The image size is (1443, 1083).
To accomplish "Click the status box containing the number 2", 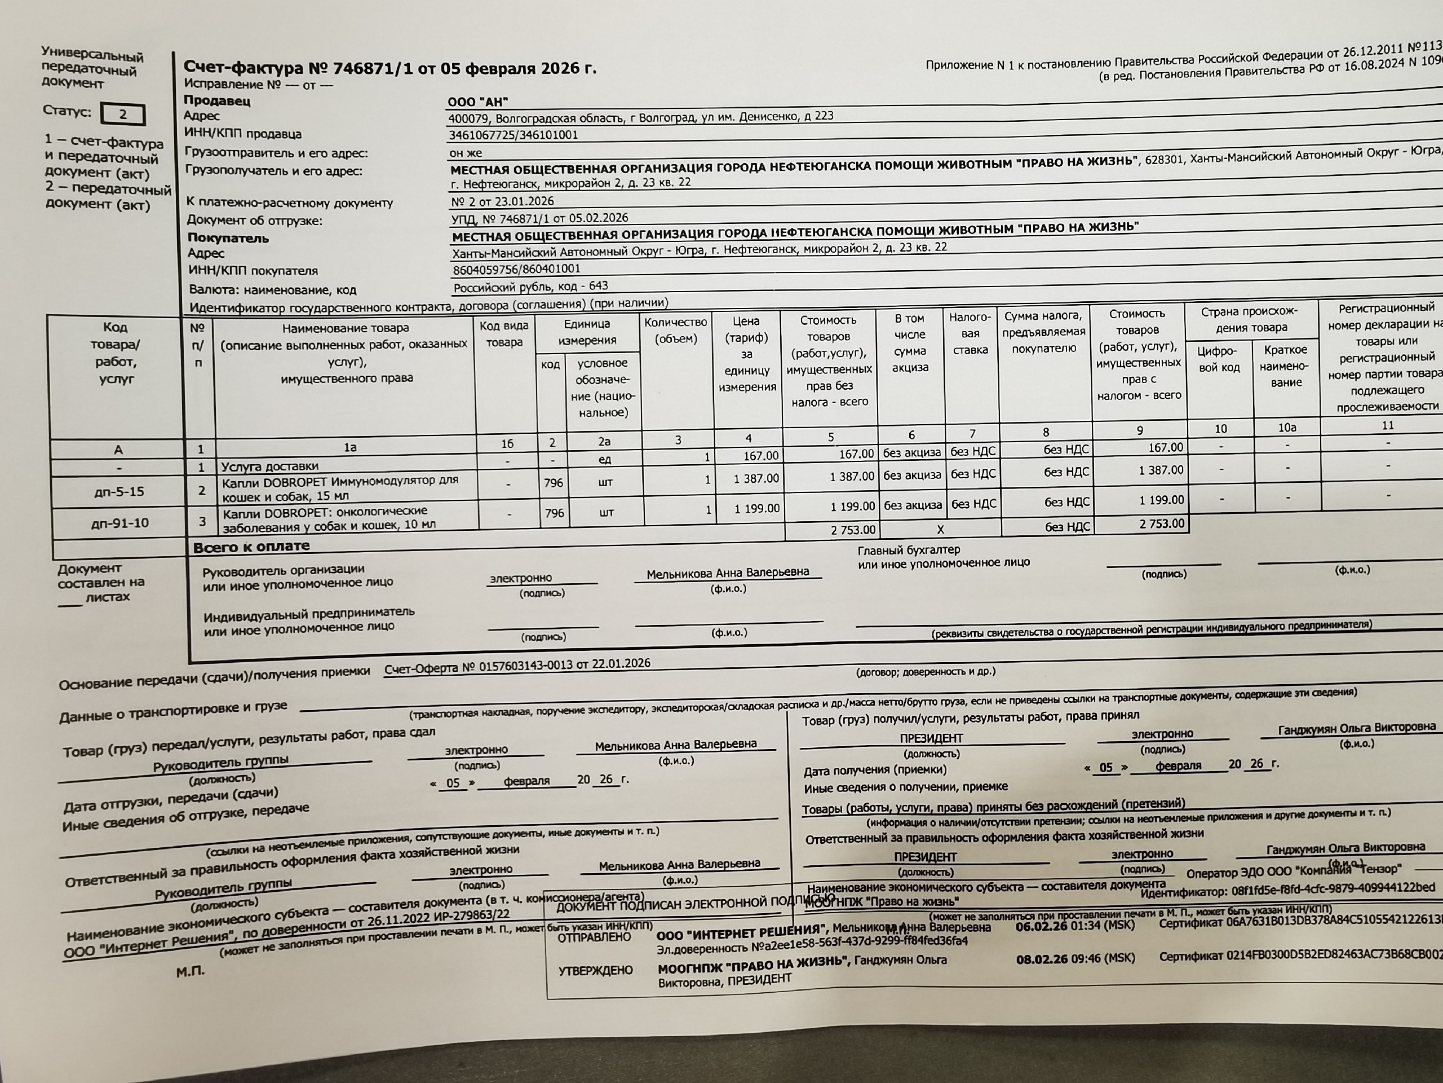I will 123,115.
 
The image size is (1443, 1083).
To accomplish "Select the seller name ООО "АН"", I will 477,102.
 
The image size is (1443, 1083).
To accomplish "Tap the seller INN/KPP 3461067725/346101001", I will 514,135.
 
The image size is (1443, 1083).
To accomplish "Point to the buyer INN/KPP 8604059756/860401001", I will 516,269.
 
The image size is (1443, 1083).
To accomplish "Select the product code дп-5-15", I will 119,491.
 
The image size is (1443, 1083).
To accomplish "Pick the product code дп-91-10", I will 121,522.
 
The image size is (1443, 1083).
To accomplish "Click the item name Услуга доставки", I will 270,466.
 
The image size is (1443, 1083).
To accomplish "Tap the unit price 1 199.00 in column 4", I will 756,508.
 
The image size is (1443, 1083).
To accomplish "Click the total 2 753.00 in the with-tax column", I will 1161,523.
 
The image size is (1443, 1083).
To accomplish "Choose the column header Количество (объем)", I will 675,331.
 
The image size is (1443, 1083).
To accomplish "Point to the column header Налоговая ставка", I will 970,333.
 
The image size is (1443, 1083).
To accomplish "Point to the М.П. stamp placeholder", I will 190,971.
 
